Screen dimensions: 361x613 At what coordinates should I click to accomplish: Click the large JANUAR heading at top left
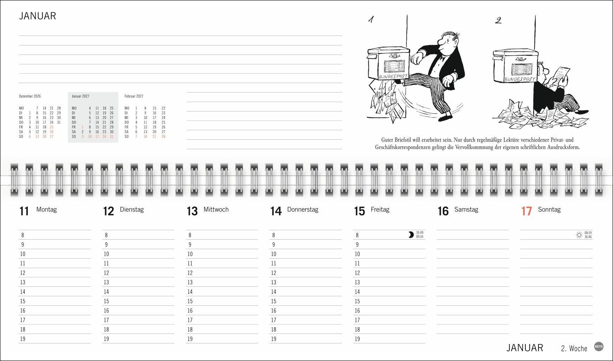[x=37, y=16]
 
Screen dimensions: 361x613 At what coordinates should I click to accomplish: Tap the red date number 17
[x=526, y=211]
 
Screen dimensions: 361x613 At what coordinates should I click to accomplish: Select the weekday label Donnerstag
[x=303, y=209]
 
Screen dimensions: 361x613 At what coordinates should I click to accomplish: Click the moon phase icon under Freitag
[x=411, y=235]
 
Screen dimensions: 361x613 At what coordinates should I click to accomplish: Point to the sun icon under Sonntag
[x=579, y=235]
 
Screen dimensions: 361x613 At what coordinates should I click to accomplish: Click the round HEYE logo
[x=599, y=347]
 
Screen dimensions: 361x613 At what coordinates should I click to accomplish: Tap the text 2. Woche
[x=574, y=348]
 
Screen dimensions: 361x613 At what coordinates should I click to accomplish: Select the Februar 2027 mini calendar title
[x=134, y=96]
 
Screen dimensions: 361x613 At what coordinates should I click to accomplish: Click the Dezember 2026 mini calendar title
[x=30, y=96]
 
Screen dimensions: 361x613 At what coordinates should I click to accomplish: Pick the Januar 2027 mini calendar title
[x=80, y=96]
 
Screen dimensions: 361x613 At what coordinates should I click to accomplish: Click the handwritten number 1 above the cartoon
[x=371, y=19]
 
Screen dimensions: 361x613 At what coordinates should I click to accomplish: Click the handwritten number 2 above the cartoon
[x=498, y=20]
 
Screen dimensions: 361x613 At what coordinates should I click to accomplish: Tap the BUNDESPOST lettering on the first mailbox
[x=393, y=76]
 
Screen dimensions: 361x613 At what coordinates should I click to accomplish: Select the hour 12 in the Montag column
[x=23, y=273]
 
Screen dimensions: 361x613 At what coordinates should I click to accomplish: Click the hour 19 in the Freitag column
[x=357, y=339]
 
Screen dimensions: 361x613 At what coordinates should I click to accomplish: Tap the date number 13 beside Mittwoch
[x=192, y=211]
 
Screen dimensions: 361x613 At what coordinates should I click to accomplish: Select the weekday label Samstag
[x=466, y=209]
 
